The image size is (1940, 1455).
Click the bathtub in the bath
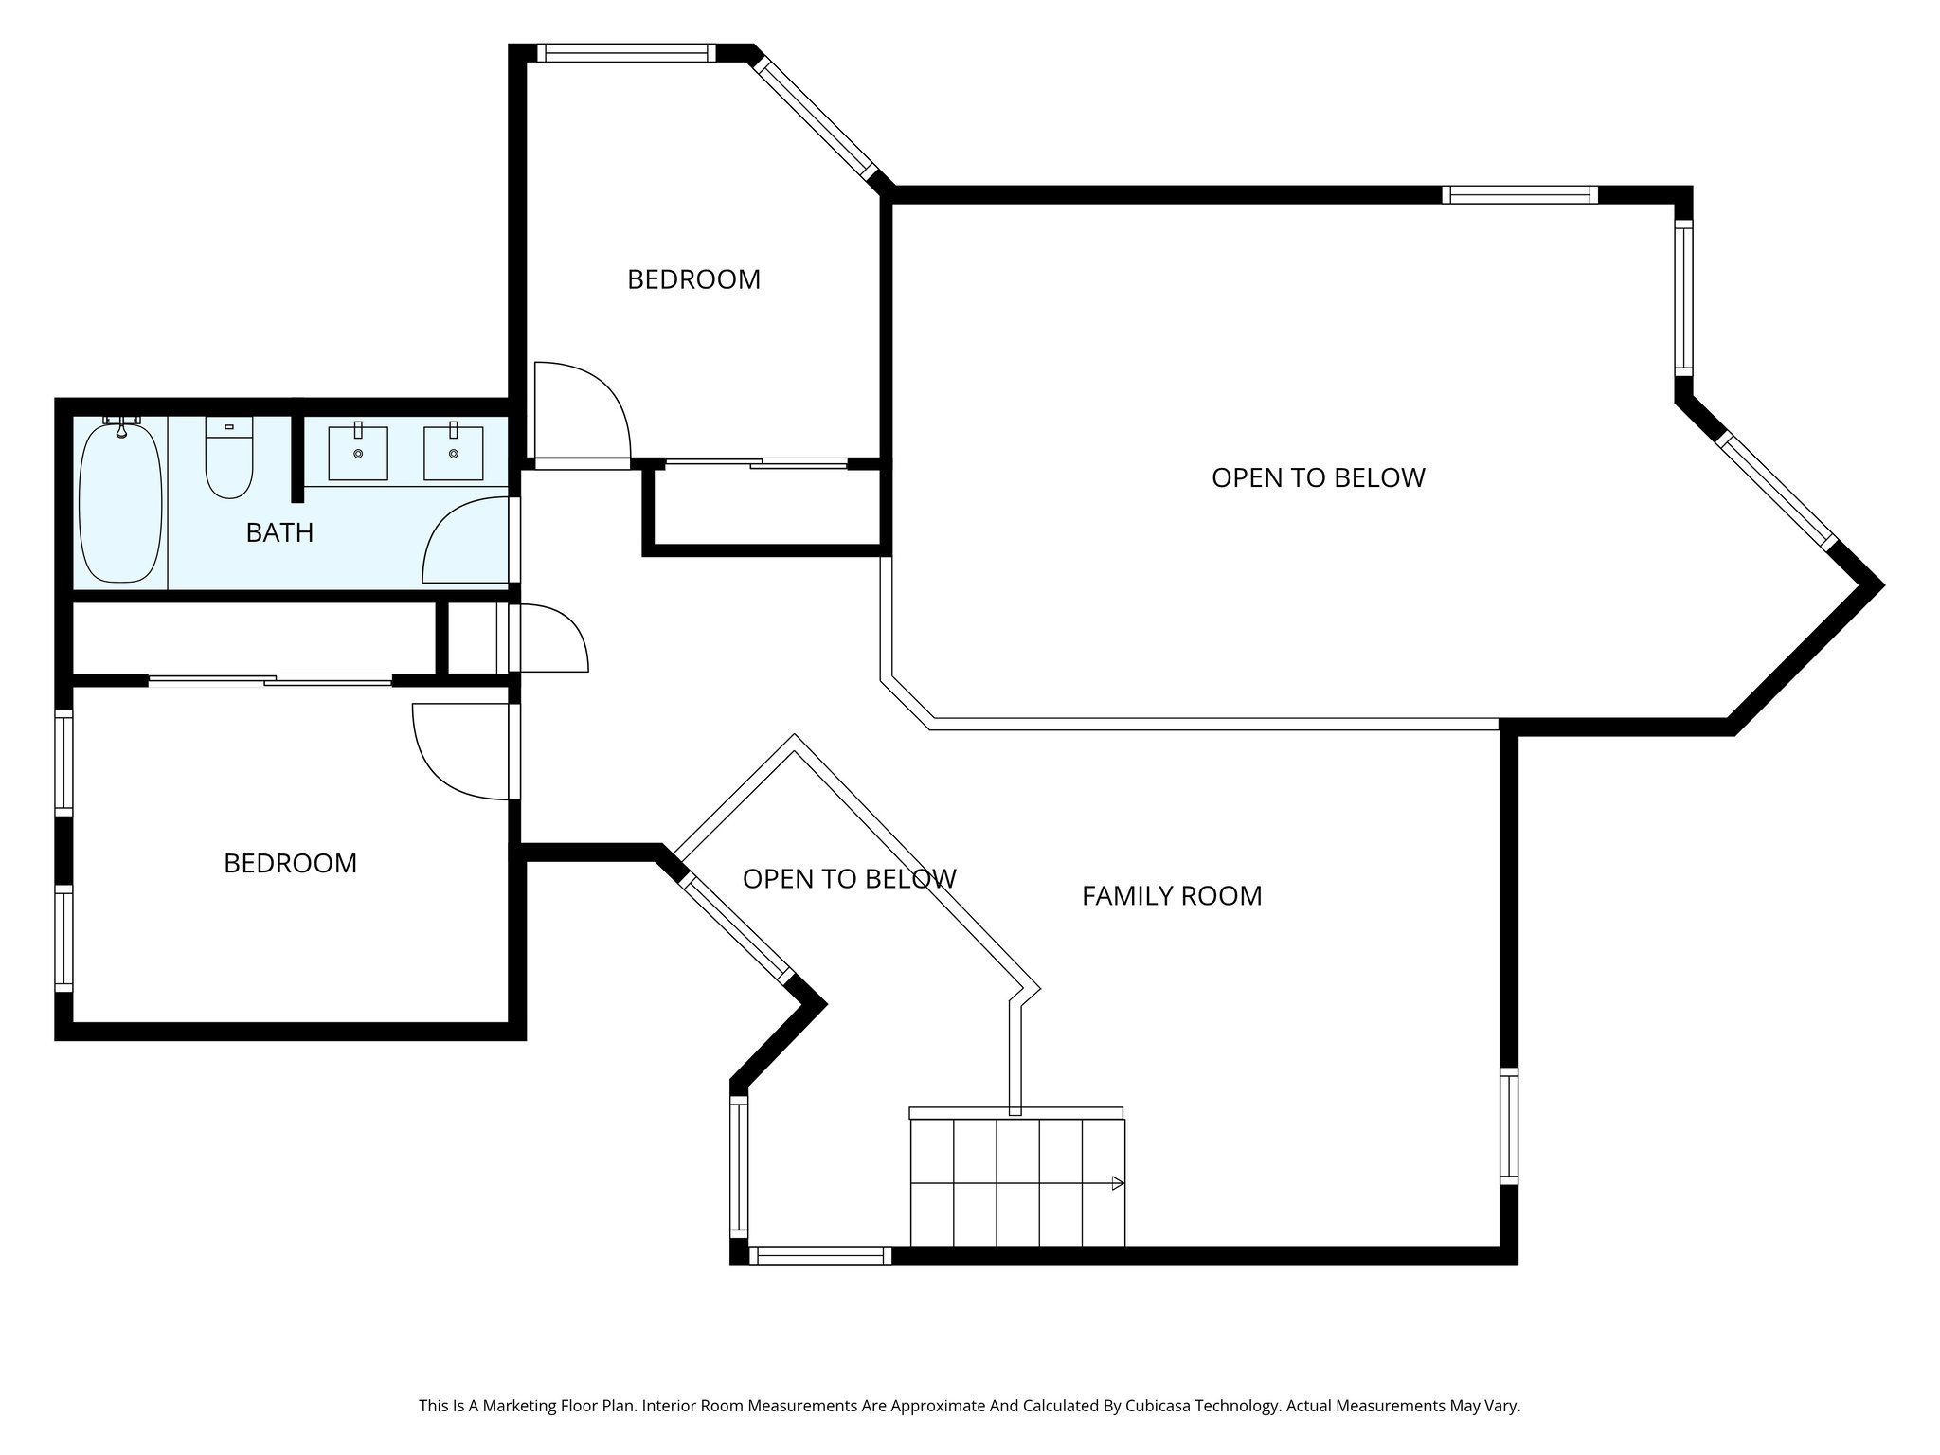pyautogui.click(x=119, y=504)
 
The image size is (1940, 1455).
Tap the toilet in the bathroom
pyautogui.click(x=229, y=460)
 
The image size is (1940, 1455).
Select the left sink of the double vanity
pyautogui.click(x=358, y=453)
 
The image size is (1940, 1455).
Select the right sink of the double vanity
pyautogui.click(x=453, y=453)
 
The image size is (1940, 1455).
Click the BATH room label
pyautogui.click(x=279, y=533)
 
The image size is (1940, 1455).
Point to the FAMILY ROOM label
pyautogui.click(x=1172, y=896)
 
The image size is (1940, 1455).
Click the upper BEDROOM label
pyautogui.click(x=693, y=280)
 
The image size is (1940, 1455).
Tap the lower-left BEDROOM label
pyautogui.click(x=290, y=864)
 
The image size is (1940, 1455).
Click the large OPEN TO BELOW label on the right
pyautogui.click(x=1318, y=478)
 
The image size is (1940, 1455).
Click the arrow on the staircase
pyautogui.click(x=1118, y=1183)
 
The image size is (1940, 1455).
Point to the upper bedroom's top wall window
pyautogui.click(x=626, y=53)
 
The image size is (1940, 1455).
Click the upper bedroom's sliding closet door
pyautogui.click(x=756, y=463)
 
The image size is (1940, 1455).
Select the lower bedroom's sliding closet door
pyautogui.click(x=270, y=679)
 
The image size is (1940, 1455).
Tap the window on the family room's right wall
pyautogui.click(x=1509, y=1125)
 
